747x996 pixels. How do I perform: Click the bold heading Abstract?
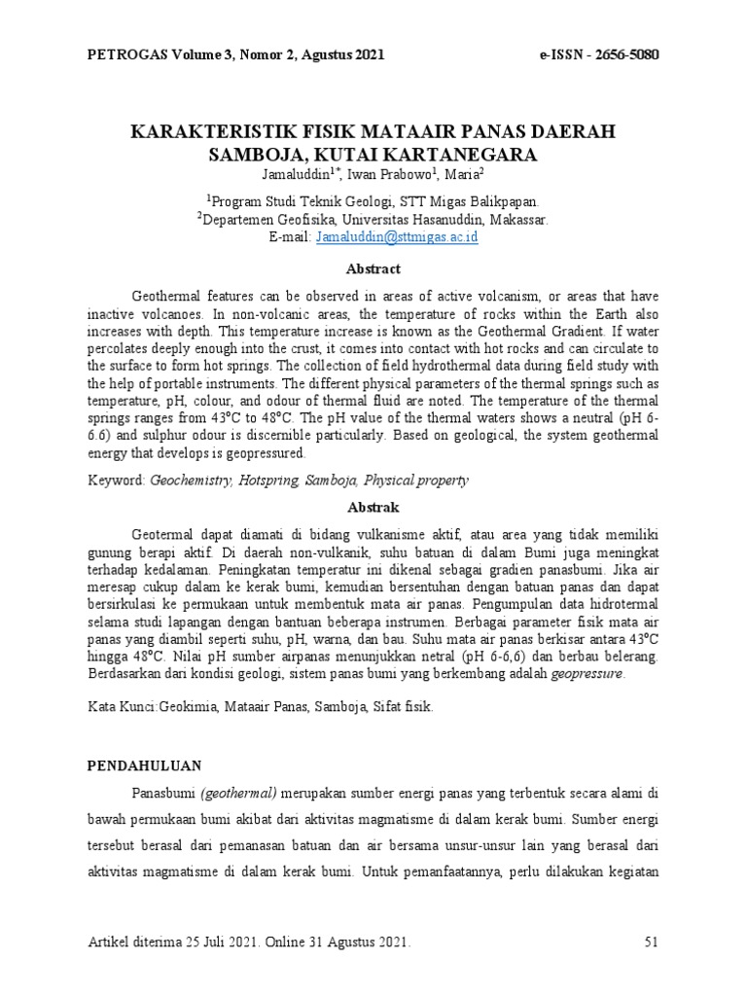coord(373,268)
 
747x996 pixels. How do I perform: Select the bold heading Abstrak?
coord(373,508)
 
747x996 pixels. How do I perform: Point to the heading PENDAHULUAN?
coord(145,766)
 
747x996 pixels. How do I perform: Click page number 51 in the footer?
coord(653,943)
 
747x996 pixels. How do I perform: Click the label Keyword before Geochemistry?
coord(116,480)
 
